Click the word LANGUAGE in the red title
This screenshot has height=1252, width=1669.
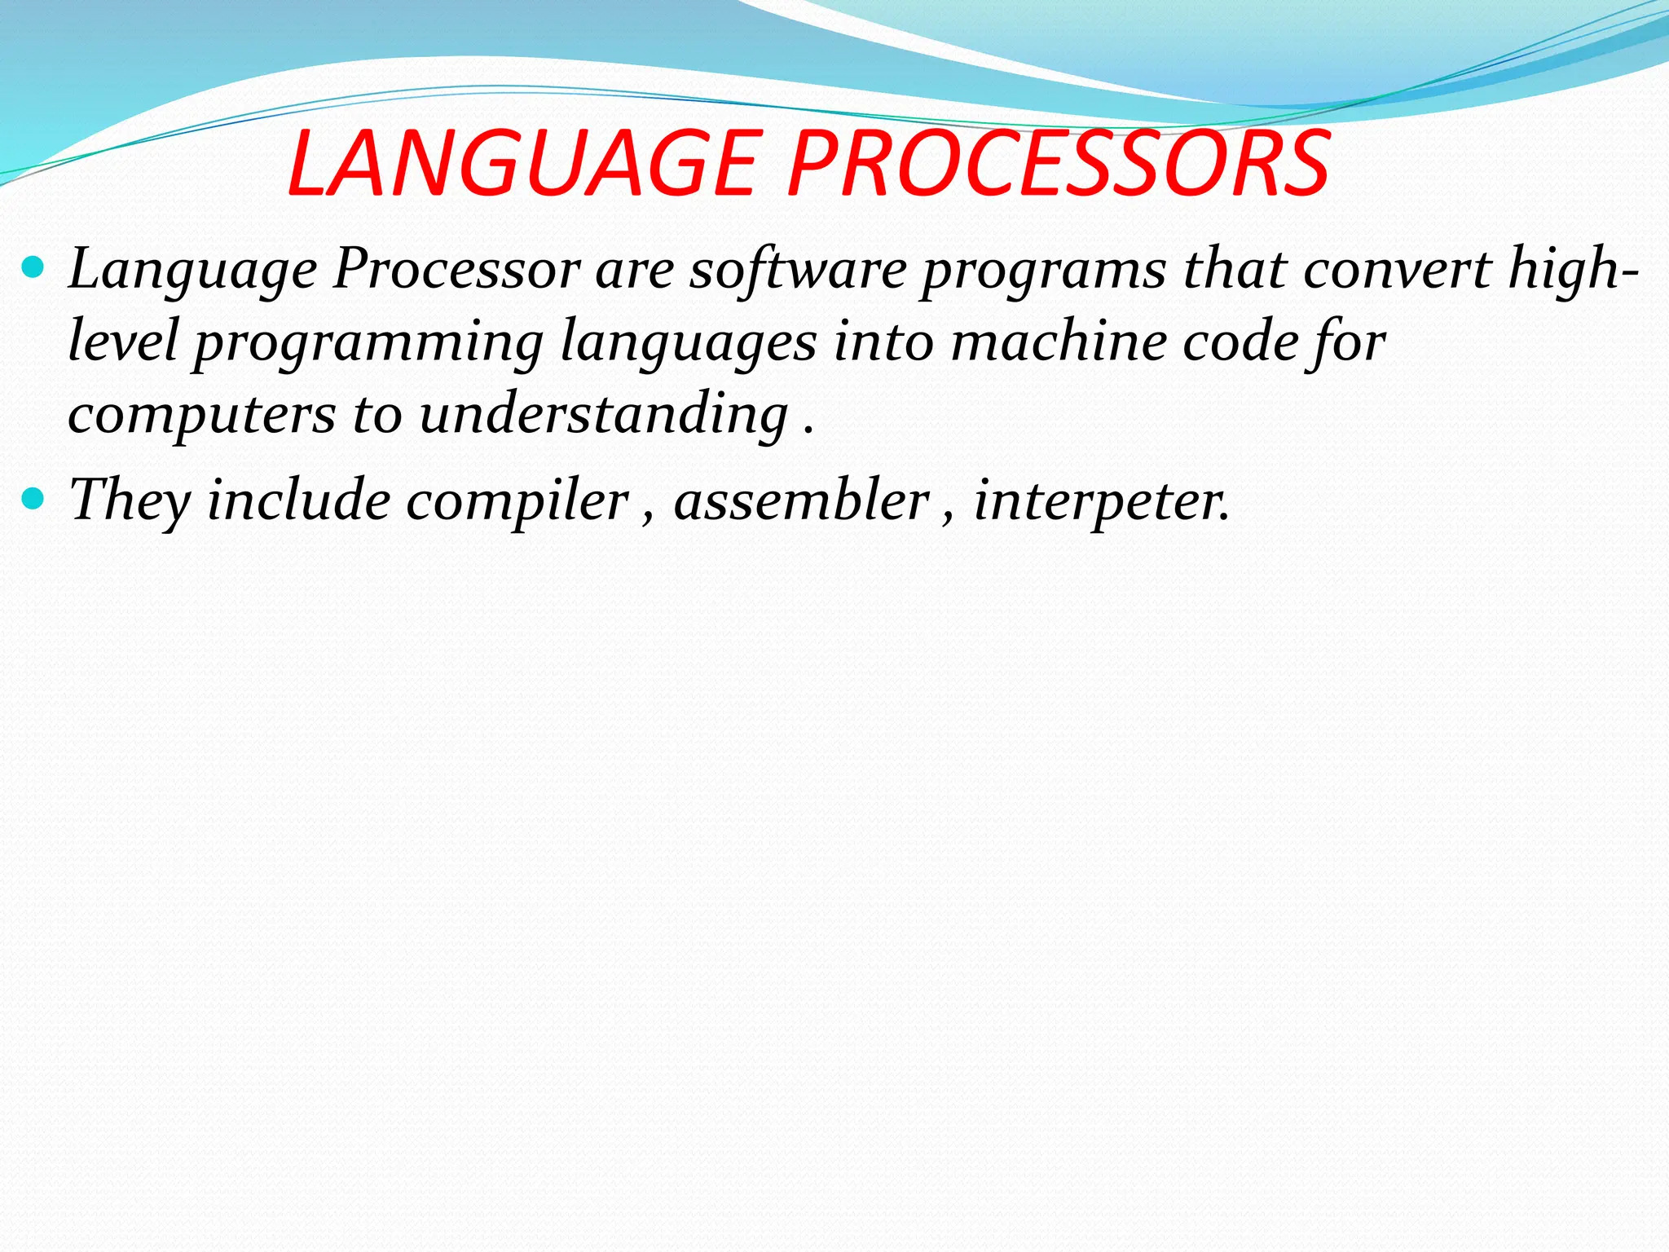(x=522, y=165)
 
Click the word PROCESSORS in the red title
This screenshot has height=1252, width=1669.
(x=1058, y=165)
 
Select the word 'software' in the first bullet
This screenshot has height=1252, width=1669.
(x=797, y=269)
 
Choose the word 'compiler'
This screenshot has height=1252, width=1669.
(x=517, y=500)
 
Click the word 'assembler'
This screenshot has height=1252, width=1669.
(x=801, y=499)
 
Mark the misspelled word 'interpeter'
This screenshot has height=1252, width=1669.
(x=1100, y=500)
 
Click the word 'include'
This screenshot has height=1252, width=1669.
(x=298, y=499)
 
